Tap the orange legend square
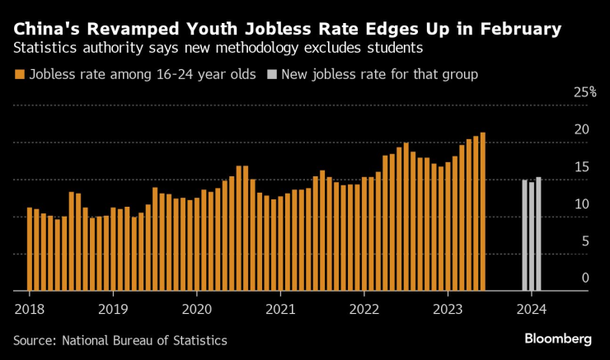click(x=20, y=75)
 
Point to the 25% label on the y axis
click(x=584, y=92)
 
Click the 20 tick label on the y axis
click(x=581, y=129)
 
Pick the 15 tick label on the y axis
click(x=581, y=166)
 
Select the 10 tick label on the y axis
click(x=581, y=203)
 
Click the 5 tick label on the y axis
click(x=585, y=241)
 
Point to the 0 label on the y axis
click(x=585, y=278)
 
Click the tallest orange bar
click(x=482, y=212)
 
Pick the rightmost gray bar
click(x=538, y=234)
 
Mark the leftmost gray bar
click(x=524, y=235)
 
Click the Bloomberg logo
click(x=558, y=339)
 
